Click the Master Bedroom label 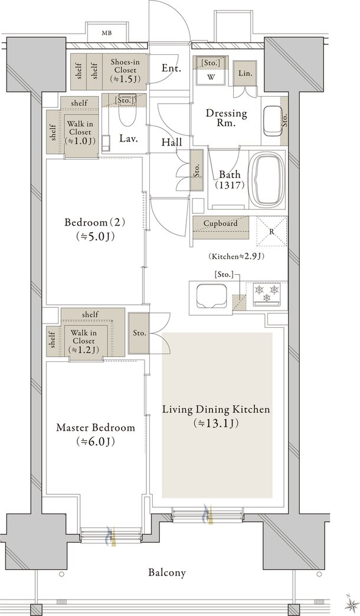point(96,427)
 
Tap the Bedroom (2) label point(95,223)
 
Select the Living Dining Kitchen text point(217,409)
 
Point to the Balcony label point(167,572)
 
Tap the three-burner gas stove point(266,294)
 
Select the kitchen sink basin point(212,296)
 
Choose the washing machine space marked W point(211,77)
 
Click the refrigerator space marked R point(271,231)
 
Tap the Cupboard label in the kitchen point(220,223)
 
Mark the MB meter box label point(107,33)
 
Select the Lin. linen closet point(245,73)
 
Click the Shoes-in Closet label point(125,70)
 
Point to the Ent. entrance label point(172,68)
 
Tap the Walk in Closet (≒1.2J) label point(84,341)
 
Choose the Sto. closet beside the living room point(139,333)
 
